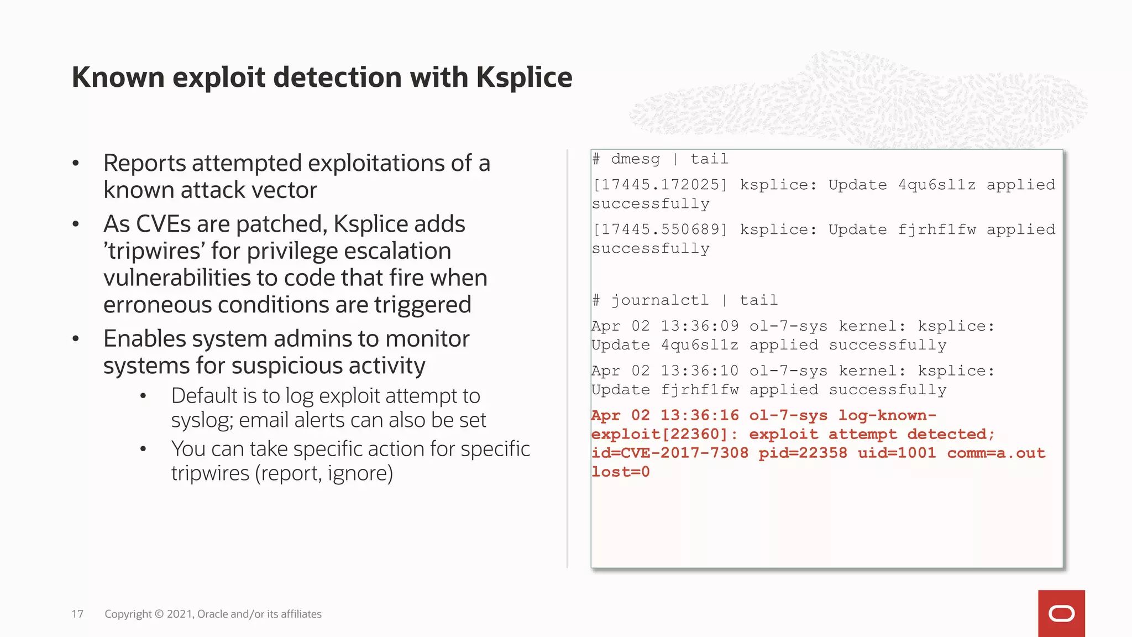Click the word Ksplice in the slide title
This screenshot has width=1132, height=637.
(x=523, y=77)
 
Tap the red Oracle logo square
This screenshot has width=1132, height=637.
(x=1061, y=613)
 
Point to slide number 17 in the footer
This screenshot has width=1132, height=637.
(x=77, y=614)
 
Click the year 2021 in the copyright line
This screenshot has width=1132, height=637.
(x=179, y=614)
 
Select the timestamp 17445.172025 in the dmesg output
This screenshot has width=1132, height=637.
(x=660, y=185)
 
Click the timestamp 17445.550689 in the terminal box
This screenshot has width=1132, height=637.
(x=660, y=229)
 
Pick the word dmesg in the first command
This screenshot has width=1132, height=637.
(x=635, y=159)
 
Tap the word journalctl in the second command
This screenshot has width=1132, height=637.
(x=659, y=300)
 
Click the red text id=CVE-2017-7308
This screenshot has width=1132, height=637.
(x=670, y=453)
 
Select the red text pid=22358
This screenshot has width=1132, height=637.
(x=803, y=453)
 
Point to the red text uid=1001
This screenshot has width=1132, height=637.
(x=897, y=453)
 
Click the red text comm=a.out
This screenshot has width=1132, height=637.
(x=996, y=453)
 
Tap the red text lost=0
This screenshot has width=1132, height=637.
(x=621, y=472)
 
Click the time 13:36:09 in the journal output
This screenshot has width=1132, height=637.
(x=699, y=326)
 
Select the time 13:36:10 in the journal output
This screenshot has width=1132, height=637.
(x=699, y=371)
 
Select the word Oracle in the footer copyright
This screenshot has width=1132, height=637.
(x=212, y=614)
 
